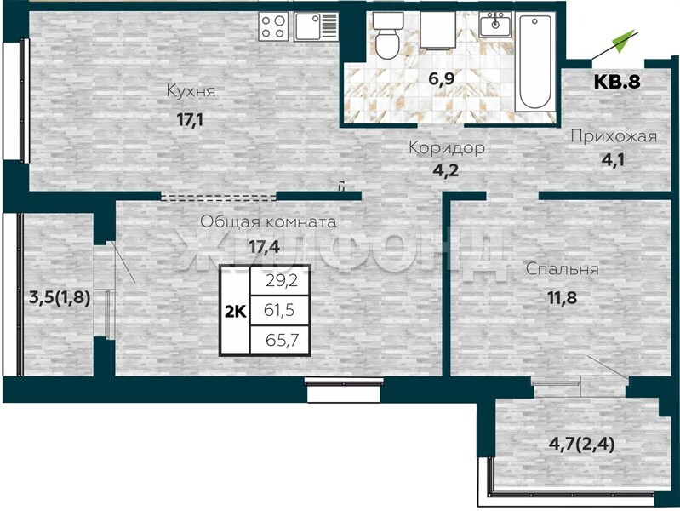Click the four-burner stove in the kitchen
coord(274,26)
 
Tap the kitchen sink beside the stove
coord(316,26)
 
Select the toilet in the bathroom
coord(387,36)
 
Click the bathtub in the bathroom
coord(534,62)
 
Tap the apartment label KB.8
coord(617,81)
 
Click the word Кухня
coord(191,92)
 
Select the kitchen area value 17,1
coord(190,119)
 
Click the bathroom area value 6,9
coord(442,79)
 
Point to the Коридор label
coord(447,148)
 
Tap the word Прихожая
coord(614,136)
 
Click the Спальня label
coord(562,269)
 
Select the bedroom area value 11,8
coord(562,298)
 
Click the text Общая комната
coord(268,221)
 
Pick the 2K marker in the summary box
coord(236,312)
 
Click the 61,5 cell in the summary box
coord(280,310)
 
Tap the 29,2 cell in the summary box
coord(280,281)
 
